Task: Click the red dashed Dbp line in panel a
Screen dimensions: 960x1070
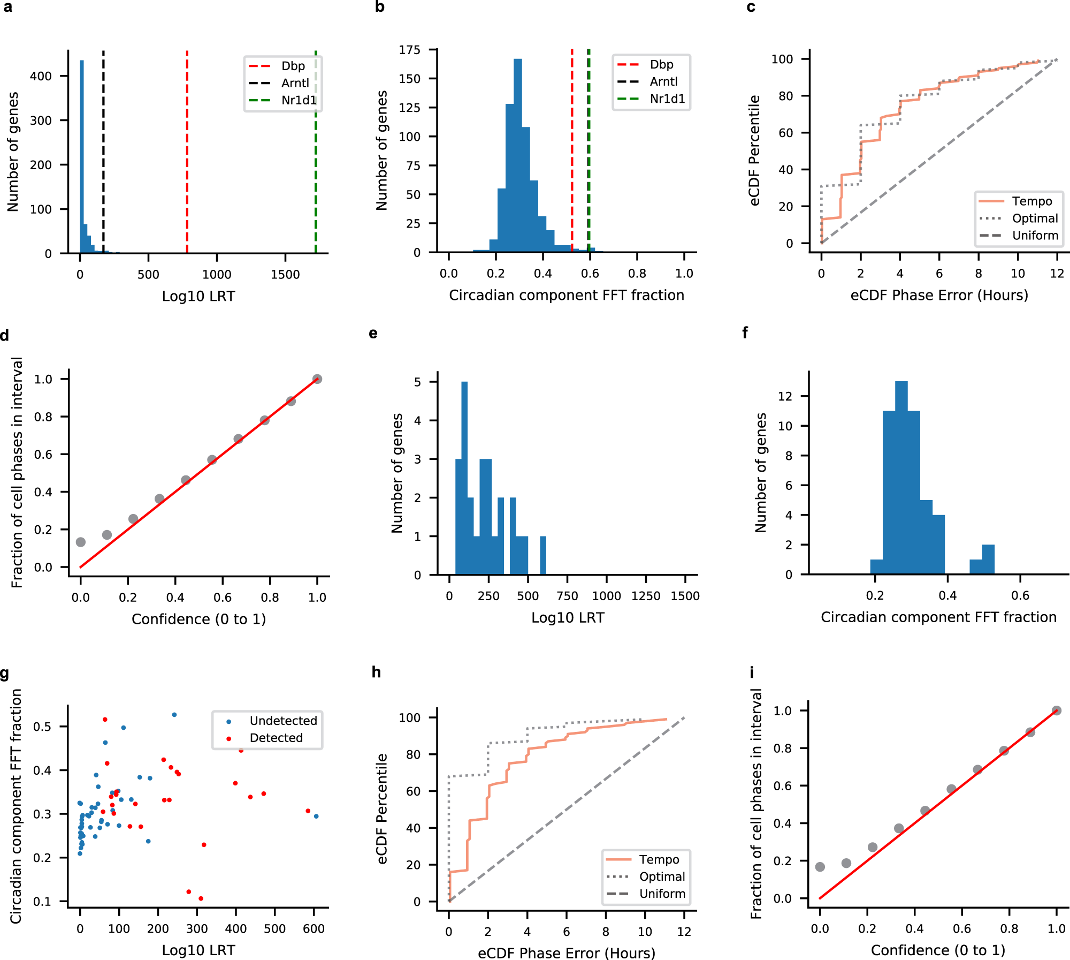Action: coord(187,161)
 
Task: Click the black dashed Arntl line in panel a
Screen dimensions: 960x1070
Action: coord(103,161)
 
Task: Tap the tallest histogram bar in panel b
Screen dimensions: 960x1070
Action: coord(517,155)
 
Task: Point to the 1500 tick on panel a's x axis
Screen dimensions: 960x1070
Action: coord(285,275)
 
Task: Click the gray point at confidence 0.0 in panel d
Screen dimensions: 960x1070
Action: coord(81,542)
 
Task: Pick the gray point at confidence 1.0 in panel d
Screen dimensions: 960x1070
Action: coord(317,379)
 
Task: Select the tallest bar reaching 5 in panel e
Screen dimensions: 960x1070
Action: coord(464,477)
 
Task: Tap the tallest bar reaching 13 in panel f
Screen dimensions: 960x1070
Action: coord(901,477)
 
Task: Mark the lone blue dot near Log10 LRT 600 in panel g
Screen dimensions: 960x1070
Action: coord(316,816)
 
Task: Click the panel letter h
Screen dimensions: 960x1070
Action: coord(377,672)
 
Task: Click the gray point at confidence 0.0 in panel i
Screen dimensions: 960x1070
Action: coord(820,867)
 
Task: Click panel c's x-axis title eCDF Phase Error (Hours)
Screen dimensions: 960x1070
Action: coord(939,296)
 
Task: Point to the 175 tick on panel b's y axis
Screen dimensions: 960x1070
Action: coord(410,50)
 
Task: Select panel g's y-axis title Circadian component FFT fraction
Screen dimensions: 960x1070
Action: coord(16,806)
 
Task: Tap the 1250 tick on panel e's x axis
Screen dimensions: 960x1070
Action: coord(646,596)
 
